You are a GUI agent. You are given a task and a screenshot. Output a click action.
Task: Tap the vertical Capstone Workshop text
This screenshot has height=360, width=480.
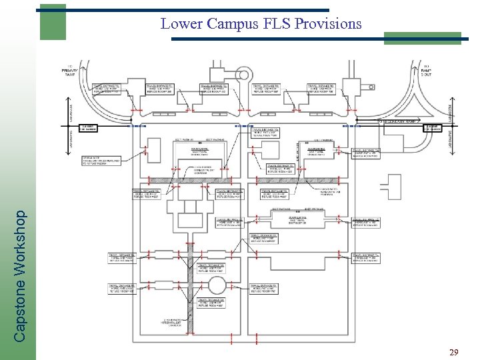point(21,276)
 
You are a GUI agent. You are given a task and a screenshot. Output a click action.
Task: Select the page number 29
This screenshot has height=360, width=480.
point(453,352)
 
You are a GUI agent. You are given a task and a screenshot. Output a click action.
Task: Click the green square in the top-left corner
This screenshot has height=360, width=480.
point(52,22)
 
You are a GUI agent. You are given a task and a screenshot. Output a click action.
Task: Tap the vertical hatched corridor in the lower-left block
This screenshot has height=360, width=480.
point(191,280)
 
